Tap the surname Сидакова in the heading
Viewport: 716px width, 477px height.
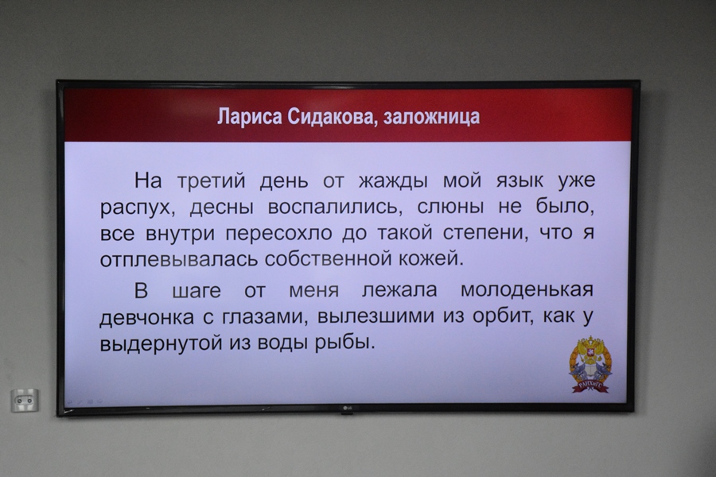click(332, 117)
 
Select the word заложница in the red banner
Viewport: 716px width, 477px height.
click(431, 117)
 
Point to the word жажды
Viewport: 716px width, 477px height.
click(393, 181)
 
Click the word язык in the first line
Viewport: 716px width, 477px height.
click(519, 181)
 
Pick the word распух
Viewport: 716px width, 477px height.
click(135, 208)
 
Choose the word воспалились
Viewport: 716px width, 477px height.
click(333, 207)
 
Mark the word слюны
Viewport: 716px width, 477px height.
click(450, 207)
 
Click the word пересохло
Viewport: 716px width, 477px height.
click(279, 234)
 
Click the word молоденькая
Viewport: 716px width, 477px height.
click(527, 290)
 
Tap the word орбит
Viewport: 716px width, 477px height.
click(502, 316)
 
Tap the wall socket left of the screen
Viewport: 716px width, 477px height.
click(25, 401)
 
